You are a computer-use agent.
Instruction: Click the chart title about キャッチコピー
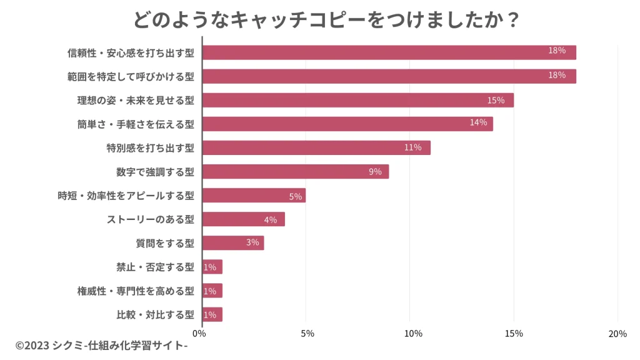(326, 19)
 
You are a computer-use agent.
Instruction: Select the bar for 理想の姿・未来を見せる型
(358, 100)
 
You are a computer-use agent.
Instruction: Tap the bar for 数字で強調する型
(296, 172)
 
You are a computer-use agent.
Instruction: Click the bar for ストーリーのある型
(244, 219)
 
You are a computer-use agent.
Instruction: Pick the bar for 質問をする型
(233, 243)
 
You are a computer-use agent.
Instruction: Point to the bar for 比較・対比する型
(212, 315)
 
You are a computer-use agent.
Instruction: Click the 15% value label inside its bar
(496, 101)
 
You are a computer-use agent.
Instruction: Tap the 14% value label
(478, 122)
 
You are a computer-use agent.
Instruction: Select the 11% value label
(412, 147)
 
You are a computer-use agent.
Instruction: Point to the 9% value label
(375, 172)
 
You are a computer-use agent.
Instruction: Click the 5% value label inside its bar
(296, 197)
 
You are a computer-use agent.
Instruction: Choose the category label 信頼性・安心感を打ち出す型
(131, 53)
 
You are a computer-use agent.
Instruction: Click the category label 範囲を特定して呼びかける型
(131, 77)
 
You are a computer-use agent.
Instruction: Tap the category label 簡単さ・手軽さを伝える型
(136, 124)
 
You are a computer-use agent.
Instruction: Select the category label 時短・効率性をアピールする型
(126, 196)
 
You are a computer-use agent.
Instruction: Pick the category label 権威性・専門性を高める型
(136, 291)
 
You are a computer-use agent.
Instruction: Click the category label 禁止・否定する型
(155, 267)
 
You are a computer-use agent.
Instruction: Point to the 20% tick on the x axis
(617, 334)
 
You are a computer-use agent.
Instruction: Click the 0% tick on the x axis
(199, 334)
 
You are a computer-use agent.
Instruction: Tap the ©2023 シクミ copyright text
(102, 346)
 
